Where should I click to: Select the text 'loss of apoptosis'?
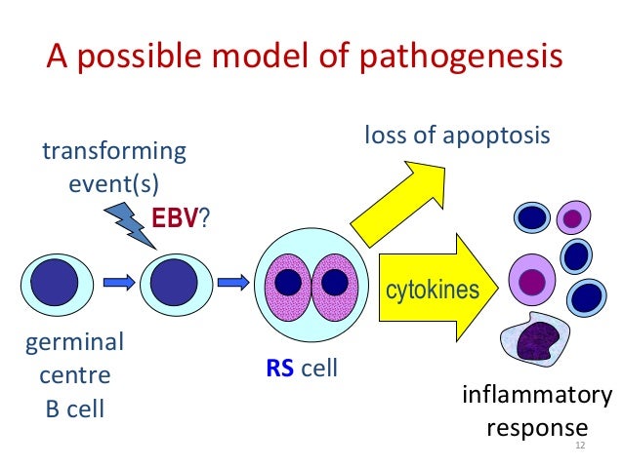click(457, 136)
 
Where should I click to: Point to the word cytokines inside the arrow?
click(433, 291)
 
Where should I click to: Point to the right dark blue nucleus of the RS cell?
click(334, 283)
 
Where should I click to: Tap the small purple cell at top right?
click(573, 217)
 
